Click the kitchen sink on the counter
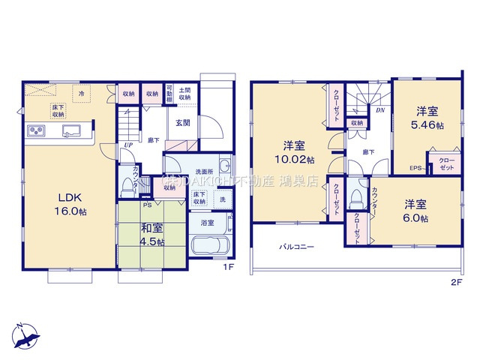coord(72,133)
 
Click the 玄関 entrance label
coord(183,123)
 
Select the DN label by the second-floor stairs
coord(381,110)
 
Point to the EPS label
coord(415,168)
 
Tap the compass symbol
coord(27,332)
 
